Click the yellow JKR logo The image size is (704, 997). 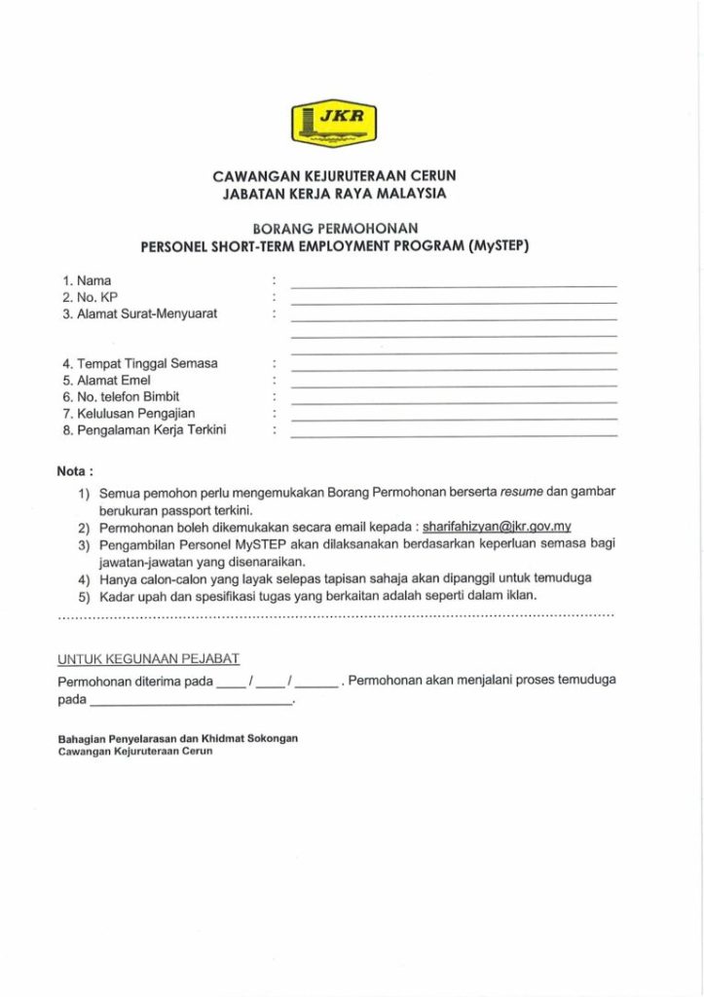pyautogui.click(x=334, y=124)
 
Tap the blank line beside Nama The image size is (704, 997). pyautogui.click(x=454, y=285)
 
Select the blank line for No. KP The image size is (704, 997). pyautogui.click(x=454, y=302)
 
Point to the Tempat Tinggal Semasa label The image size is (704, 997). pyautogui.click(x=140, y=363)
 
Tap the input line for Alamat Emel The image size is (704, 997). pyautogui.click(x=454, y=385)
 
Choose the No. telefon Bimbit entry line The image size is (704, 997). pyautogui.click(x=454, y=401)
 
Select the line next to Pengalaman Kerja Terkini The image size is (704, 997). pyautogui.click(x=454, y=434)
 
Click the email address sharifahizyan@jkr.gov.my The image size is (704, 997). pyautogui.click(x=497, y=527)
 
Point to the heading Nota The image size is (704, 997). pyautogui.click(x=75, y=471)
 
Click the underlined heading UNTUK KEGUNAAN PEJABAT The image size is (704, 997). pyautogui.click(x=149, y=659)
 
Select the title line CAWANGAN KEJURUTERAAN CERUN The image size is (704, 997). pyautogui.click(x=334, y=176)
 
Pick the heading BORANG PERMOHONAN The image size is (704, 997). pyautogui.click(x=334, y=229)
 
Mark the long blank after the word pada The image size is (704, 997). pyautogui.click(x=191, y=701)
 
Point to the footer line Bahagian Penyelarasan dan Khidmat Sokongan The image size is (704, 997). pyautogui.click(x=178, y=739)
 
